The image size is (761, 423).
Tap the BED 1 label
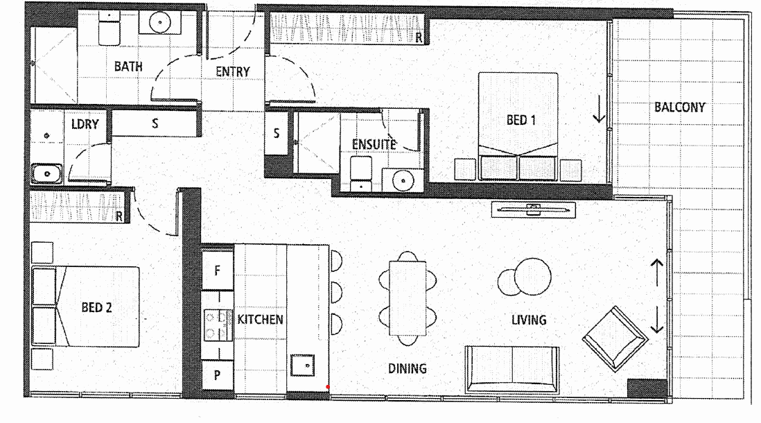pos(521,120)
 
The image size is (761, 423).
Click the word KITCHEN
pos(260,320)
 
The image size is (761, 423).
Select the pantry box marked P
pos(218,375)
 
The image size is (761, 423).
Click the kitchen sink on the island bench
pos(304,364)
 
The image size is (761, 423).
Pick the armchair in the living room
pos(615,337)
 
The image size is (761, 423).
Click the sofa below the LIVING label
pos(512,368)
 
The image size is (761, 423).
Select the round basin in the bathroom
pos(160,22)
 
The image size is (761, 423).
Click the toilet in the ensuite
pos(361,171)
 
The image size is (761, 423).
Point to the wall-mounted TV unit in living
pos(532,207)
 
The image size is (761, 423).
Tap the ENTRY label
pos(233,71)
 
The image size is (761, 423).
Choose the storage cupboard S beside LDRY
pos(155,124)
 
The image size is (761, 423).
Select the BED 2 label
pos(96,307)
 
